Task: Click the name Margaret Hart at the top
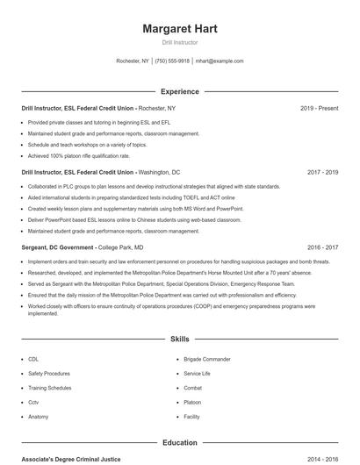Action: [179, 28]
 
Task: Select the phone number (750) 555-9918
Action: [173, 61]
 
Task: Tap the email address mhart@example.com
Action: [220, 61]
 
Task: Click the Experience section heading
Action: [179, 91]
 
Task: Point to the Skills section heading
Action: [179, 338]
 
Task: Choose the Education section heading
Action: [179, 443]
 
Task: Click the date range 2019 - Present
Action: [319, 108]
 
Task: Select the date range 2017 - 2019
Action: [322, 172]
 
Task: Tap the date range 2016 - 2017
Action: [322, 247]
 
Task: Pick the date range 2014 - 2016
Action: [322, 459]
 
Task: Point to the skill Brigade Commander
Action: [206, 359]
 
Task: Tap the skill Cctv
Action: [33, 402]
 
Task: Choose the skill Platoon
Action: [192, 402]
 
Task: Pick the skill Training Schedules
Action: [49, 387]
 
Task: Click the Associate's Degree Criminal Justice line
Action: [70, 459]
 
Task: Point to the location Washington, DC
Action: [159, 172]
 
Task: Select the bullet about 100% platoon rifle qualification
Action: [85, 155]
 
